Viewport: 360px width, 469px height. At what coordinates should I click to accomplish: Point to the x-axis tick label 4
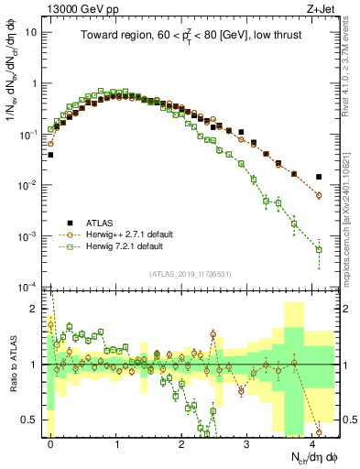tap(312, 442)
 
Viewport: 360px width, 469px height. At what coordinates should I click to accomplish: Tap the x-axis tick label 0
tap(51, 442)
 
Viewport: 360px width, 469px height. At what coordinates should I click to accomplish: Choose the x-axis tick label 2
tap(182, 442)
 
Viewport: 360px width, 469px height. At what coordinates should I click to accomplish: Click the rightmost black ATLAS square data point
tap(319, 177)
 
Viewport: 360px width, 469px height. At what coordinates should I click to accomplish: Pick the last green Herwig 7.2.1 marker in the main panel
tap(319, 249)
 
